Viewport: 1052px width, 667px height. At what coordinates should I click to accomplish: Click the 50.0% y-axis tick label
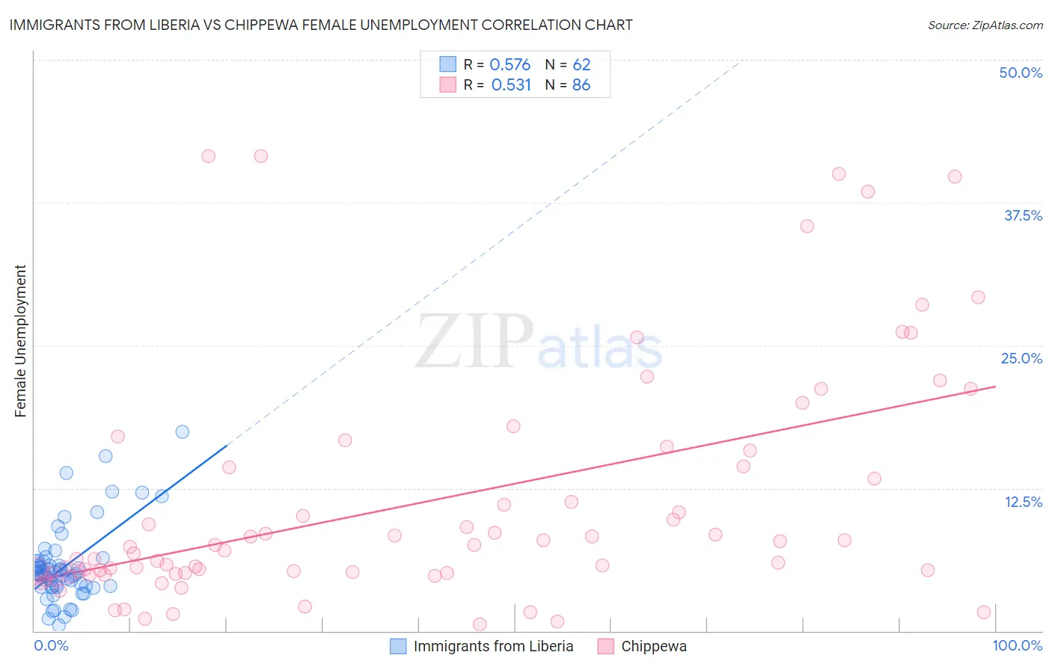1021,73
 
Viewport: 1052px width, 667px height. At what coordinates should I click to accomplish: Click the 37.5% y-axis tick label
1023,215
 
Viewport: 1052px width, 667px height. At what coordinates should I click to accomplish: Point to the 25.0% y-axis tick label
1021,358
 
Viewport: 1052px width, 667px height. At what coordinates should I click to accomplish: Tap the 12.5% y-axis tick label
1023,502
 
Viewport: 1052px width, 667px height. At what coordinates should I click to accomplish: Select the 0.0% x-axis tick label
51,645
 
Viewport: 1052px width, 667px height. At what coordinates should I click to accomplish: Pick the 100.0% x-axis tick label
1017,645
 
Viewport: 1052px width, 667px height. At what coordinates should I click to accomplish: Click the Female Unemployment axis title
20,341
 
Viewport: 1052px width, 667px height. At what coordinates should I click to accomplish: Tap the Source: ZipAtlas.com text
985,25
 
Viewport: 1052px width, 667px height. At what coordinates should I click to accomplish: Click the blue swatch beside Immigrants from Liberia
398,646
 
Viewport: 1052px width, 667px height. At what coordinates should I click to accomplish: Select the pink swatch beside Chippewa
606,646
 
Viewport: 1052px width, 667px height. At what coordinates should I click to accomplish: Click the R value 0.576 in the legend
510,64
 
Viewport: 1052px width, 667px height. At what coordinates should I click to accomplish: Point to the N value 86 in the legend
581,84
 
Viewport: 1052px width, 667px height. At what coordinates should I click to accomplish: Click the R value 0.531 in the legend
510,84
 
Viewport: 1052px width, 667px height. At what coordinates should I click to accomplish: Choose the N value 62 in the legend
581,64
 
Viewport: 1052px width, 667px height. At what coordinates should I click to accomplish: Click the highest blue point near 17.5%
182,431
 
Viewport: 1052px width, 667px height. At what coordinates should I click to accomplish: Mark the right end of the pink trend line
995,387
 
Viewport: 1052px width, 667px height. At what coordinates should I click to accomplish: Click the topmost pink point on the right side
839,173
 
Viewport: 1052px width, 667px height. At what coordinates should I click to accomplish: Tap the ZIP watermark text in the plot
474,341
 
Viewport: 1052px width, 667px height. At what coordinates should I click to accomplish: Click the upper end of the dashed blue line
739,61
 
